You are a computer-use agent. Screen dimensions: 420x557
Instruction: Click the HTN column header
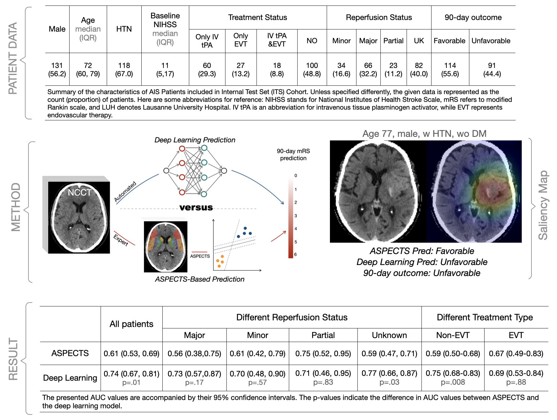[124, 29]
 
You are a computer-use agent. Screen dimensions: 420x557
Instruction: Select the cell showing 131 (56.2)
[57, 70]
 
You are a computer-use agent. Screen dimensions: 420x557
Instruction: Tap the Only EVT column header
[241, 40]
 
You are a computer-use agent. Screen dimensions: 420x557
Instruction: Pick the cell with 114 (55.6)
[450, 70]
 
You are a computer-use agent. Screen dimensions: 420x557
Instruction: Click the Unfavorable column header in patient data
[491, 41]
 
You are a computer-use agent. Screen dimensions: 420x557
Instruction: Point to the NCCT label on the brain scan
[80, 193]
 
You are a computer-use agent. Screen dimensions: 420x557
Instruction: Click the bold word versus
[196, 207]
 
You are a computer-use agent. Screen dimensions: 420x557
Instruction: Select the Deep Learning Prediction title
[195, 140]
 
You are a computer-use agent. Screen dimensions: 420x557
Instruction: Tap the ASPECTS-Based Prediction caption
[200, 279]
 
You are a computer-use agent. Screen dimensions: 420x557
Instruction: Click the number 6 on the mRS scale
[295, 254]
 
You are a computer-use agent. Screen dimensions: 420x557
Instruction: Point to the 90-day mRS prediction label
[293, 155]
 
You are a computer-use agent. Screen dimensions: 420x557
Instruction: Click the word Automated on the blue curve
[125, 192]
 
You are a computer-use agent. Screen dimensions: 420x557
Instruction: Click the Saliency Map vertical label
[543, 205]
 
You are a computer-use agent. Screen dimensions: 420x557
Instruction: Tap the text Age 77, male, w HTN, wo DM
[424, 134]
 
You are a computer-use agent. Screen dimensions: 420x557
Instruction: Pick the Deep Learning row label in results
[70, 378]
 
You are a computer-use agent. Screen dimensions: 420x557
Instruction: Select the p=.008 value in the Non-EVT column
[453, 382]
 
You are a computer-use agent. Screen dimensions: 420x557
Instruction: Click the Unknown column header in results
[389, 335]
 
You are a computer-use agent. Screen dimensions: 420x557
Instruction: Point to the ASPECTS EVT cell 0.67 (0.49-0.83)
[516, 353]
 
